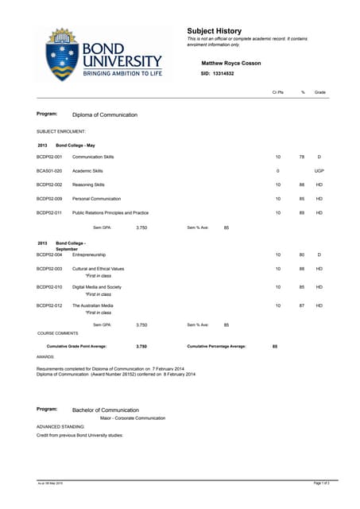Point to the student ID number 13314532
coord(223,72)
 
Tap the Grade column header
coord(319,93)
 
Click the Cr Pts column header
coord(278,93)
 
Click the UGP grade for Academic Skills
coord(319,171)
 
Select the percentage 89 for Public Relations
coord(302,213)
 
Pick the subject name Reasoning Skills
coord(90,185)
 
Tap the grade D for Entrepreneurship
coord(319,254)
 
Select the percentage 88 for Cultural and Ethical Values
coord(302,269)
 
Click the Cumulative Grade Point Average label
coord(76,347)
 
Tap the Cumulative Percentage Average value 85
coord(275,347)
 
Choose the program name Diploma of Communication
coord(105,115)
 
